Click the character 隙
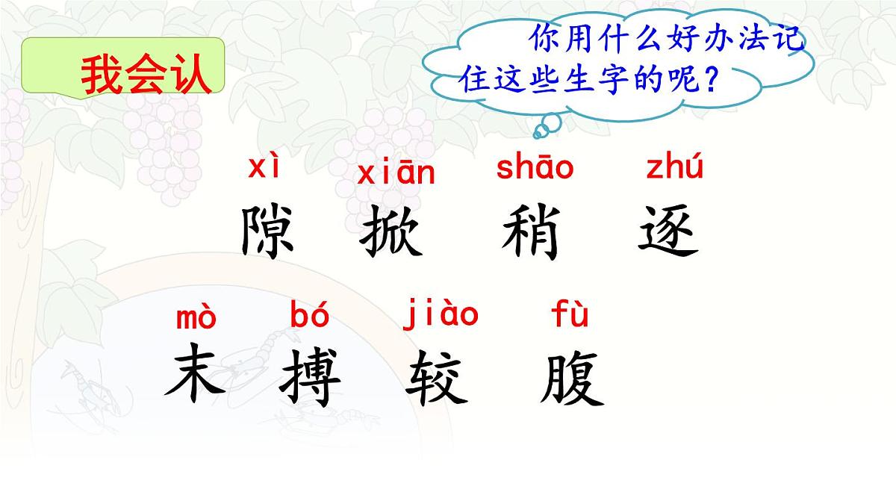pyautogui.click(x=268, y=232)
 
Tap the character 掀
pyautogui.click(x=391, y=232)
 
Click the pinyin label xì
pyautogui.click(x=264, y=168)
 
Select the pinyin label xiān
pyautogui.click(x=396, y=173)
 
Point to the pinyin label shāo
pyautogui.click(x=535, y=168)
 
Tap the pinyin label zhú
pyautogui.click(x=674, y=168)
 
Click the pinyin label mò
pyautogui.click(x=196, y=317)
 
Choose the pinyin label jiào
pyautogui.click(x=441, y=314)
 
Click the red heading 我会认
pyautogui.click(x=146, y=75)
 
